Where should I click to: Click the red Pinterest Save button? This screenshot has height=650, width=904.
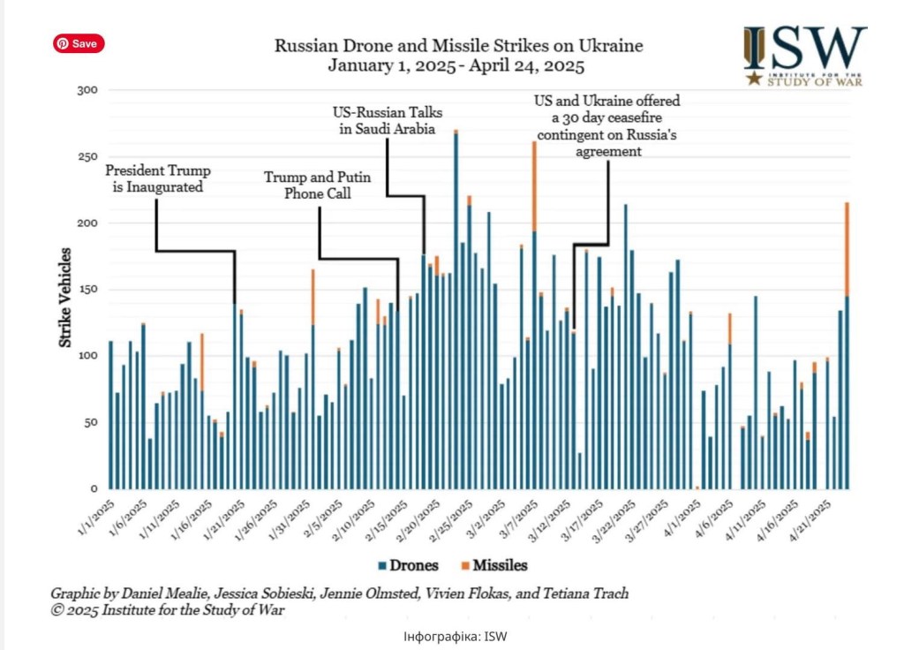coord(79,44)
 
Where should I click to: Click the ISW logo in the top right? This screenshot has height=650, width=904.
coord(802,56)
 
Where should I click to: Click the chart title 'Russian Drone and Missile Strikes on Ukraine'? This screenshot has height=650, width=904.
coord(458,46)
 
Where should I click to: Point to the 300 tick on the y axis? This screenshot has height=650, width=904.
coord(87,91)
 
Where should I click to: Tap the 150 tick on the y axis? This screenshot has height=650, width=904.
coord(87,290)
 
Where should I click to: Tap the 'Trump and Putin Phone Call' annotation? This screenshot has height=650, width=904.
coord(317,185)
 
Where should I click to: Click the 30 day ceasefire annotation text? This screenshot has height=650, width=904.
coord(608,126)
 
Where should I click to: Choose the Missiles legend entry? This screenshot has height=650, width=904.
coord(493,565)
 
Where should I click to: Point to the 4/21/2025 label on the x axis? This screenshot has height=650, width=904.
coord(812,516)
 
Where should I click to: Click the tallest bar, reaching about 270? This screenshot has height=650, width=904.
coord(456,309)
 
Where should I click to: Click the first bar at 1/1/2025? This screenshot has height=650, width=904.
coord(110,415)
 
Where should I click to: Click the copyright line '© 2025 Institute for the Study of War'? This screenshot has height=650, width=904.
coord(168,610)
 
